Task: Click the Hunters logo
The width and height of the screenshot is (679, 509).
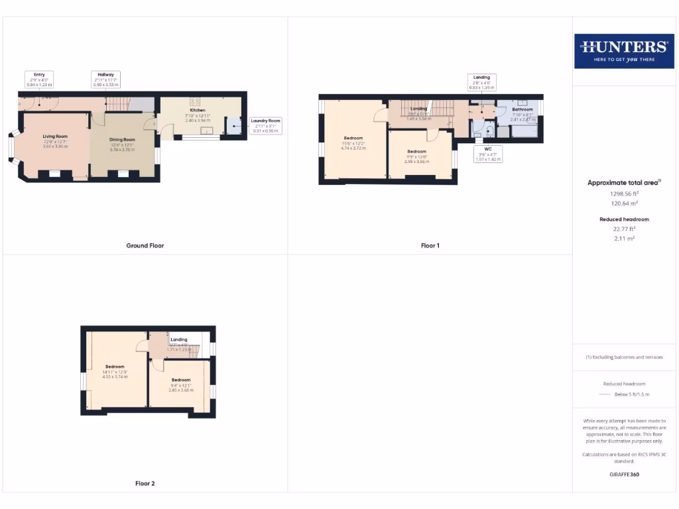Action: coord(623,50)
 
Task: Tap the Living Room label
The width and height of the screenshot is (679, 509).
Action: coord(56,136)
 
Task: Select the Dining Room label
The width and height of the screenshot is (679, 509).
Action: coord(122,140)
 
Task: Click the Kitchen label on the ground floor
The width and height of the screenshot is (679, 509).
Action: coord(198,110)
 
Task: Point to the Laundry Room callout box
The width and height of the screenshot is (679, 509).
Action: coord(265,125)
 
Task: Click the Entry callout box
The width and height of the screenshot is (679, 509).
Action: coord(39,80)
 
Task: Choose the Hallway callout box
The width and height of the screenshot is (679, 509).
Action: coord(106,80)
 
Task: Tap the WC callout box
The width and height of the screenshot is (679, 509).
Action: coord(488,154)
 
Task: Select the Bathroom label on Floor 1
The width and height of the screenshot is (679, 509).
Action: coord(522,109)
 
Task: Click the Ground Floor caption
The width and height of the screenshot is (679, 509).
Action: coord(145,245)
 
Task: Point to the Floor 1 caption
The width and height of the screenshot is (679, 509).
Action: coord(430,245)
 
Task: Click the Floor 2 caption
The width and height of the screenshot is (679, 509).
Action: coord(145,484)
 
